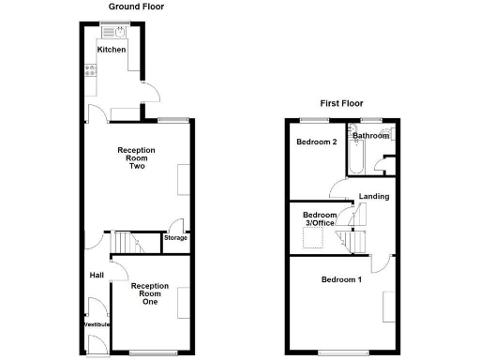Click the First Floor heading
340,103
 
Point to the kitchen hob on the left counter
90,68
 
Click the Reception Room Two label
135,158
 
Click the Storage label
175,237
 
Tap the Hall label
97,276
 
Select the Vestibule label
96,324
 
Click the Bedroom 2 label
316,142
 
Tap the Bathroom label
370,136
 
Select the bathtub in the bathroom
355,158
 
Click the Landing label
374,196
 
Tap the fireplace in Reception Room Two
183,179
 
